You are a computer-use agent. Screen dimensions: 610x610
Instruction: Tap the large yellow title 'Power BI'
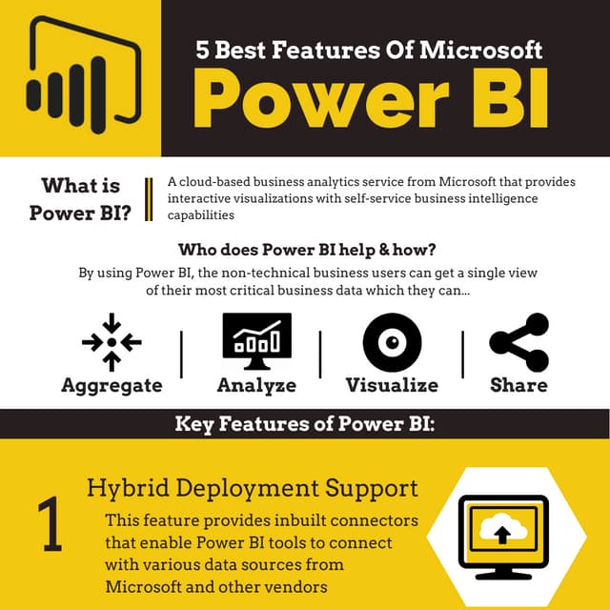(371, 99)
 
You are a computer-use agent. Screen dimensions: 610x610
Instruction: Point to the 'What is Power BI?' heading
(81, 198)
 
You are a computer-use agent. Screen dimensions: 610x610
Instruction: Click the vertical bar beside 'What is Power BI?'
(149, 198)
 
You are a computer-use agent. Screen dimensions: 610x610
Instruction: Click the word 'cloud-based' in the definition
(213, 182)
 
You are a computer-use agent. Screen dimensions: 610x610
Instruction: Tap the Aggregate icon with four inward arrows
(112, 340)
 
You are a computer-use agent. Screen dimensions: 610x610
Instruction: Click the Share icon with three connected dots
(518, 341)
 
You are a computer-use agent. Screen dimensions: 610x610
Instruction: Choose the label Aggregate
(112, 385)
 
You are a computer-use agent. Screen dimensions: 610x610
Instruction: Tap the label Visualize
(392, 385)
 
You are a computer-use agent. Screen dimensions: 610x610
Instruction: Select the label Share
(518, 385)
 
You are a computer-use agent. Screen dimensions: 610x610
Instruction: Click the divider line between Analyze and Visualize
(320, 354)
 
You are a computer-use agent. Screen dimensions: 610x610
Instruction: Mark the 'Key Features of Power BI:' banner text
(305, 423)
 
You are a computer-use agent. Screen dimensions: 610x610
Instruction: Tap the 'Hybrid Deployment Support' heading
(252, 489)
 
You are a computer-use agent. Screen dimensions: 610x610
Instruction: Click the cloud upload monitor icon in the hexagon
(502, 532)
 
